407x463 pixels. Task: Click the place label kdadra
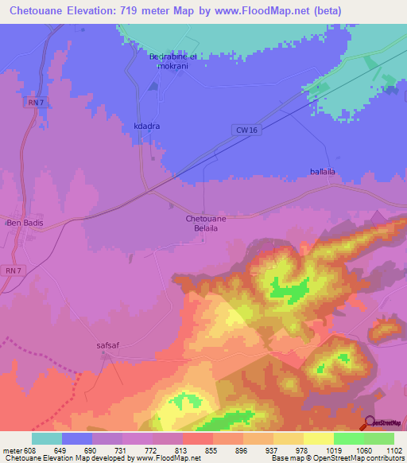click(x=146, y=126)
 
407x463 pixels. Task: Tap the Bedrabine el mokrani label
click(x=173, y=62)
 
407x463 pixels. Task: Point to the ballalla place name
click(x=324, y=171)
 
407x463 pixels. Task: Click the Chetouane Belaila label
click(x=206, y=223)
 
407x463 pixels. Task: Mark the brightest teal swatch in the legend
click(x=47, y=438)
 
